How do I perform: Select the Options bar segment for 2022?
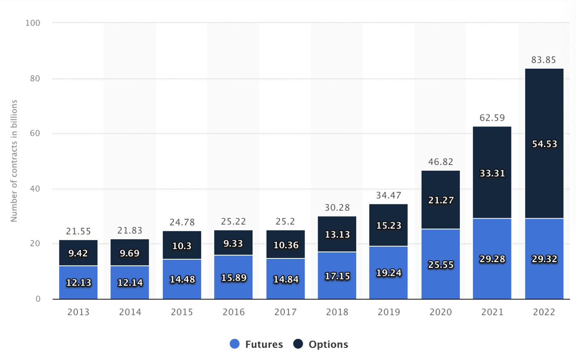point(544,122)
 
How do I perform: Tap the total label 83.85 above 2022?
point(544,60)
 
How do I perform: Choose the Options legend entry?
point(320,344)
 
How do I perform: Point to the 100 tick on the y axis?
point(33,23)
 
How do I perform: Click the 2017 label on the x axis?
point(285,312)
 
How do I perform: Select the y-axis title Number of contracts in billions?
point(14,161)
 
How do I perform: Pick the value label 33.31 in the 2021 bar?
point(492,173)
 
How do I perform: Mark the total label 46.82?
point(440,162)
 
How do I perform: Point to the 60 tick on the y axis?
point(35,133)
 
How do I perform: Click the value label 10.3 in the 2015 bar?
point(182,246)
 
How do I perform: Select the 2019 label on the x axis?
point(389,312)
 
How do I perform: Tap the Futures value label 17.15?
point(337,276)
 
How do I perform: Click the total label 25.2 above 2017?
point(285,221)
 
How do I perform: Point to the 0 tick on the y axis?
point(38,299)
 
